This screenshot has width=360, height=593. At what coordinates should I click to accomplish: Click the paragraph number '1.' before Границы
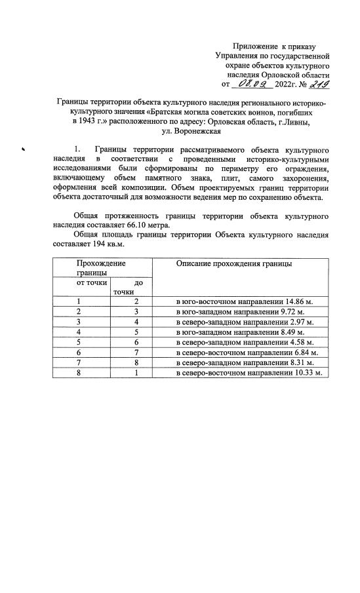click(x=77, y=150)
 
